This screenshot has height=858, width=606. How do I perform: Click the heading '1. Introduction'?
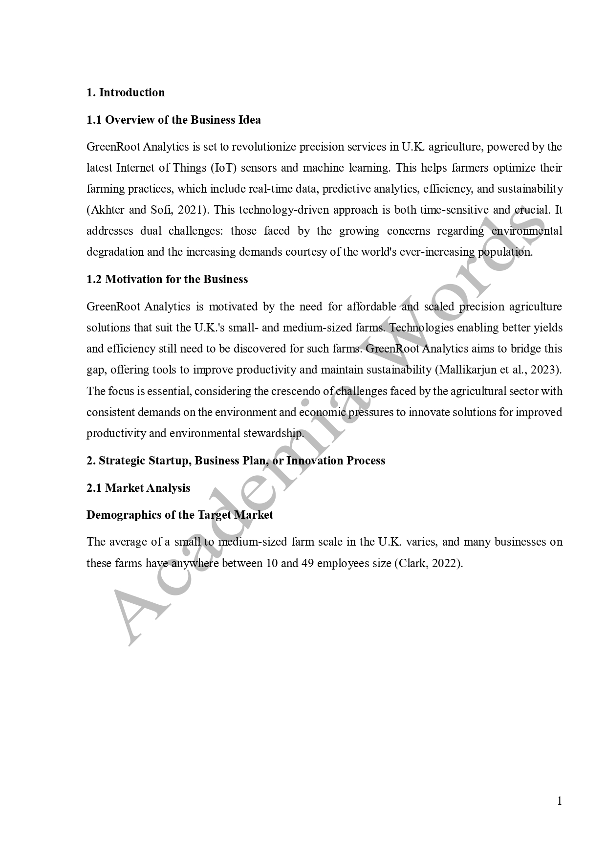tap(126, 92)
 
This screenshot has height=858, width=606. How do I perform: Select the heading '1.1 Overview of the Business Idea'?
tap(173, 120)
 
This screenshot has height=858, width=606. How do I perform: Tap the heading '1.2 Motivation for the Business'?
tap(167, 279)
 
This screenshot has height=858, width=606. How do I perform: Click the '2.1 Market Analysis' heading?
tap(138, 488)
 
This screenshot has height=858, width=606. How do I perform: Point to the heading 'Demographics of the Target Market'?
tap(179, 515)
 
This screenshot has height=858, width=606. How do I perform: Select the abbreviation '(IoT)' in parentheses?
tap(224, 168)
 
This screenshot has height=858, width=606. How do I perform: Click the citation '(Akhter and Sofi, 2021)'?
tap(148, 210)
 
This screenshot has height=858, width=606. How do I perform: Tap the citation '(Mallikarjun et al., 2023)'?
tap(498, 370)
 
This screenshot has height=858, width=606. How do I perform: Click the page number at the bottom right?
tap(560, 801)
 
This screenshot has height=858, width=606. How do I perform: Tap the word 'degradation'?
tap(115, 252)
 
